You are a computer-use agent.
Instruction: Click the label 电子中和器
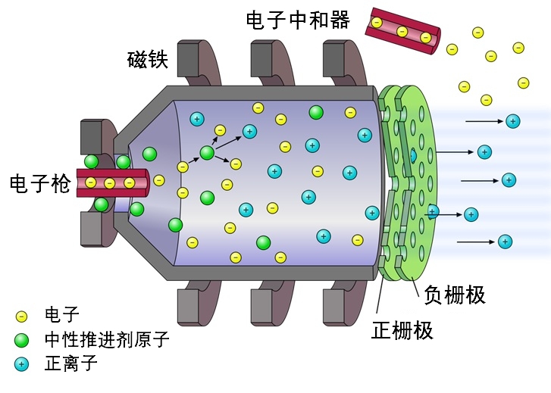tap(298, 20)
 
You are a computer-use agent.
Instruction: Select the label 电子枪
tap(39, 182)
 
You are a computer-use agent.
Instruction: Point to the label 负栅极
tap(455, 294)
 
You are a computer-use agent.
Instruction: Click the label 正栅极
tap(402, 329)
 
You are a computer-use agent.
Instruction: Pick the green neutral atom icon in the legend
tap(21, 339)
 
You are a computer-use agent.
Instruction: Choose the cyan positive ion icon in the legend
tap(21, 364)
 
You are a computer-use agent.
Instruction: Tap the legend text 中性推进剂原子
tap(107, 339)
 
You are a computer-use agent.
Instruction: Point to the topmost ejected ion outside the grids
tap(513, 120)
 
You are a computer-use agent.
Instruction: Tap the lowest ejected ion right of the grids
tap(505, 242)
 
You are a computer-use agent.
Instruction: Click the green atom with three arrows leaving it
tap(207, 153)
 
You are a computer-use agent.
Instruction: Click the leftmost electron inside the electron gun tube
tap(91, 182)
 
